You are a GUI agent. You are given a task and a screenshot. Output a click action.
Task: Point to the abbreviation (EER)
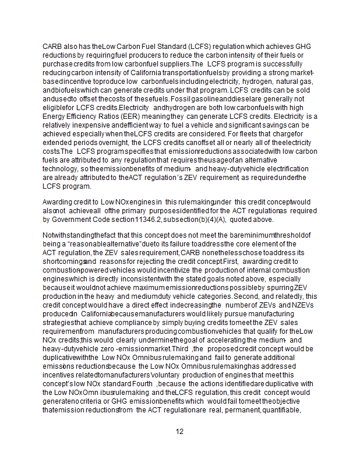(x=123, y=116)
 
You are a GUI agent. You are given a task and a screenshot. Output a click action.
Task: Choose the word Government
(x=80, y=220)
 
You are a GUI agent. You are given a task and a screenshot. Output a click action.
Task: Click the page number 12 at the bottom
(x=180, y=432)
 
